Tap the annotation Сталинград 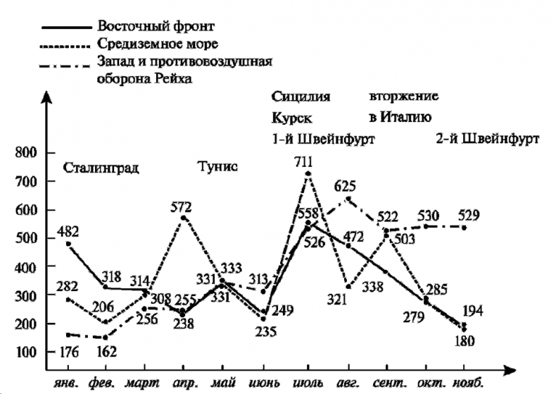coord(101,168)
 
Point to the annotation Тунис coord(218,167)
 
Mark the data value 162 coord(107,349)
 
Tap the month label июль coord(308,385)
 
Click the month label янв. coord(67,385)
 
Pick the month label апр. coord(184,385)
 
